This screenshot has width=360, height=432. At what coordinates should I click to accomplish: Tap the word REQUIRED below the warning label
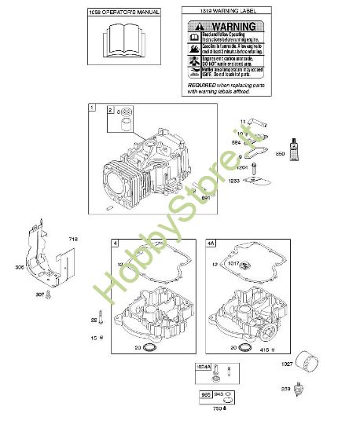click(x=203, y=84)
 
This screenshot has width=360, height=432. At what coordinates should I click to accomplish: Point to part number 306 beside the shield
click(x=19, y=266)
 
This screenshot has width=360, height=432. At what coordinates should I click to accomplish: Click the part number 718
click(x=73, y=238)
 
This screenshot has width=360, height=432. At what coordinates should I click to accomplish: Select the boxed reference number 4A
click(x=211, y=243)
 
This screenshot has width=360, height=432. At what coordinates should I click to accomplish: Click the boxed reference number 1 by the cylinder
click(x=92, y=107)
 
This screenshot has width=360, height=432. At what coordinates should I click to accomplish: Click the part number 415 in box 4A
click(x=266, y=348)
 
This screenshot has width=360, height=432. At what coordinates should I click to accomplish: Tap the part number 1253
click(x=233, y=181)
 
